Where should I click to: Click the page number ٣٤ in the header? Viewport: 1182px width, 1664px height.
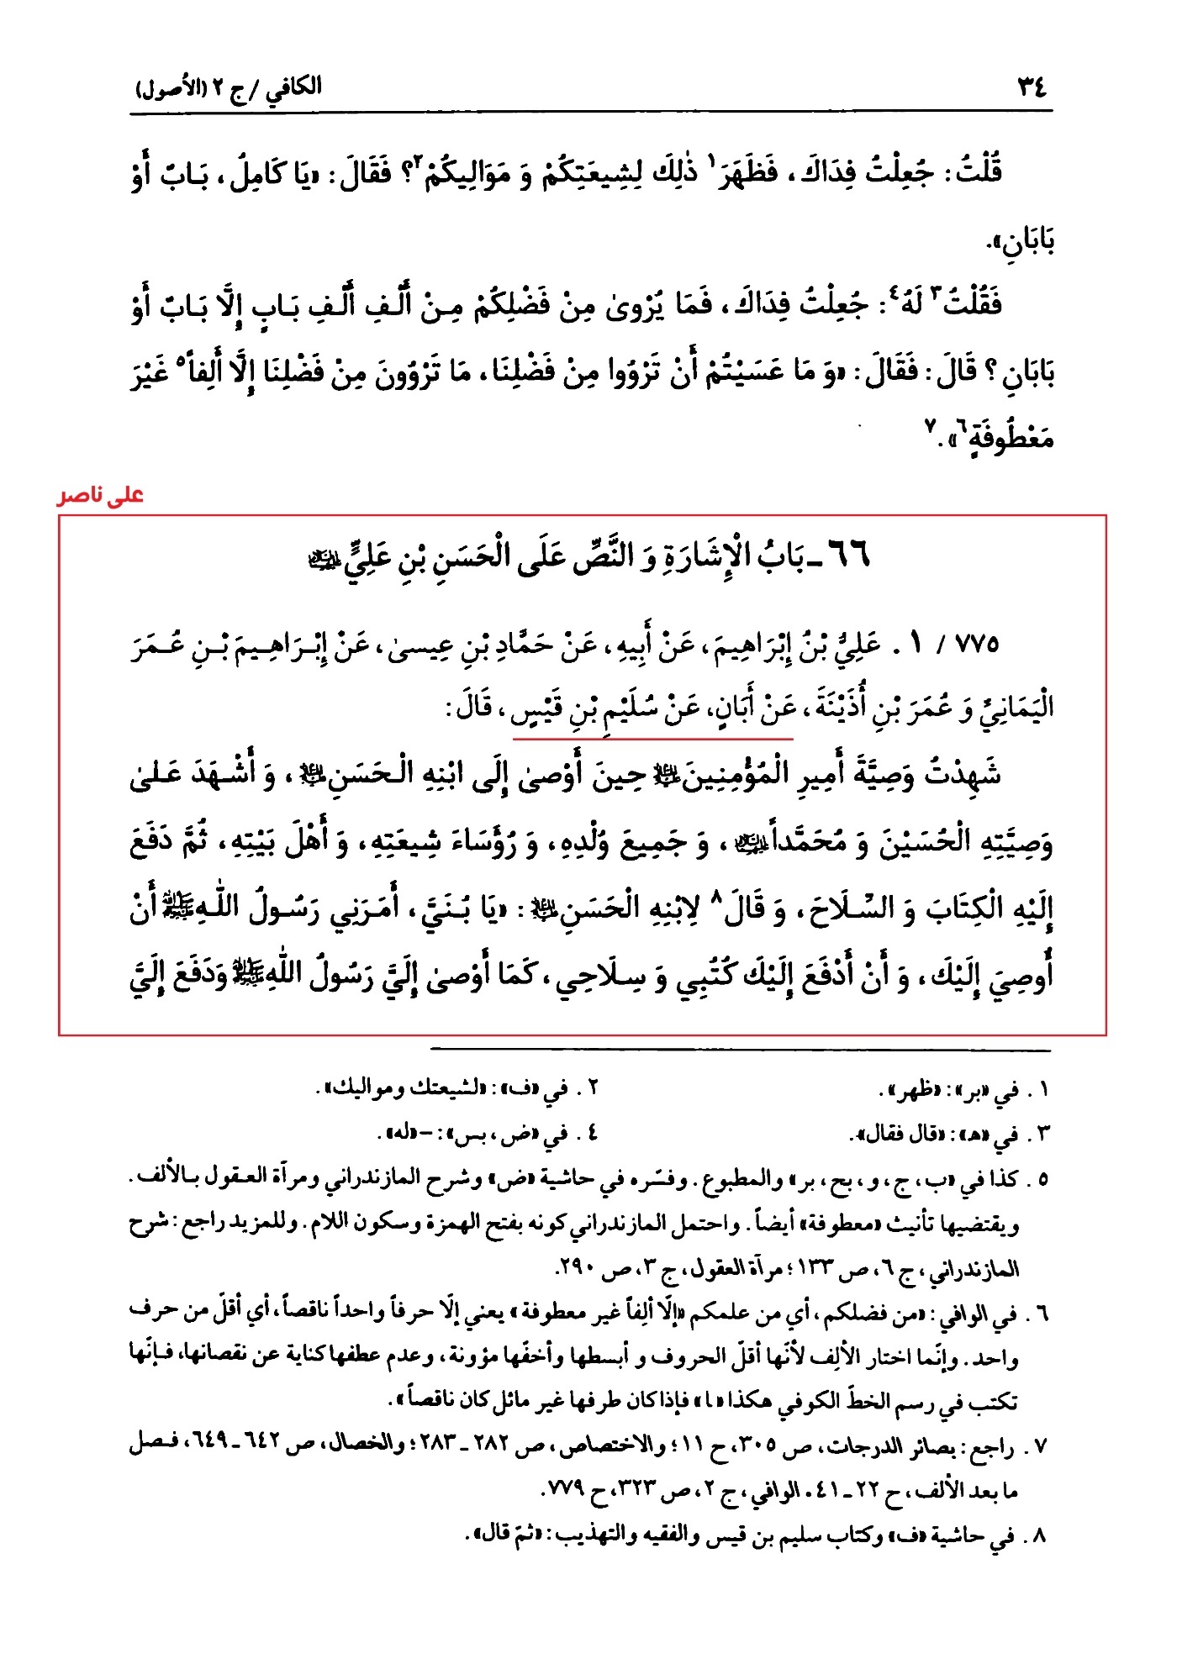tap(1032, 87)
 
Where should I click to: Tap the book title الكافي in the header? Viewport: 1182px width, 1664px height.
tap(295, 87)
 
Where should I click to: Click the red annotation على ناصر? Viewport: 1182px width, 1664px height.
tap(101, 497)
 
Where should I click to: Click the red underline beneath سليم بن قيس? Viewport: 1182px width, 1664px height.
tap(652, 739)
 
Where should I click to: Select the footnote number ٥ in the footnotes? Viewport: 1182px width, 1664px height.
tap(1042, 1179)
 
